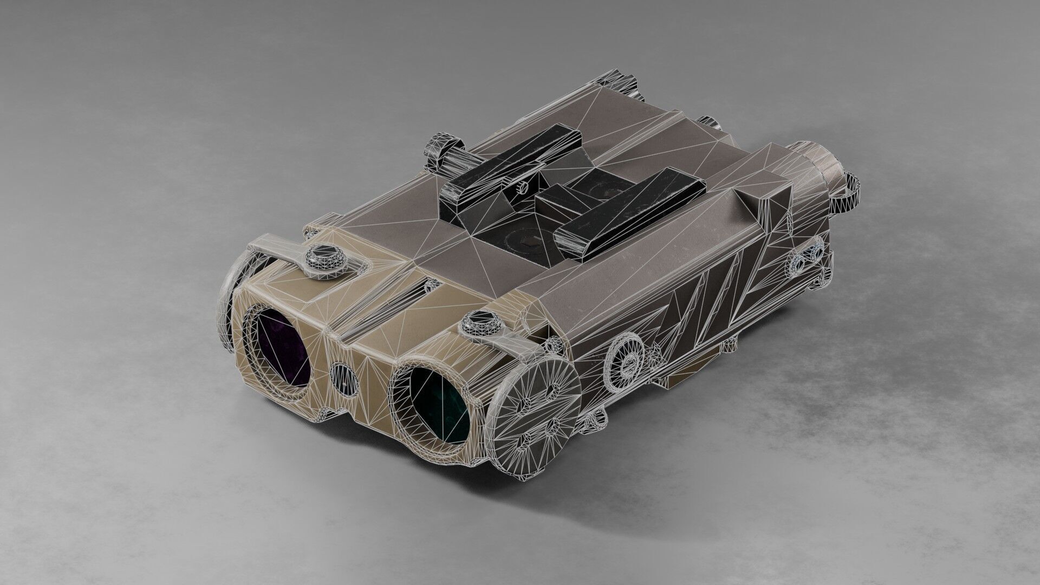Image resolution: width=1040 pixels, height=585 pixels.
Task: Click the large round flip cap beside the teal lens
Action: point(536,401)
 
